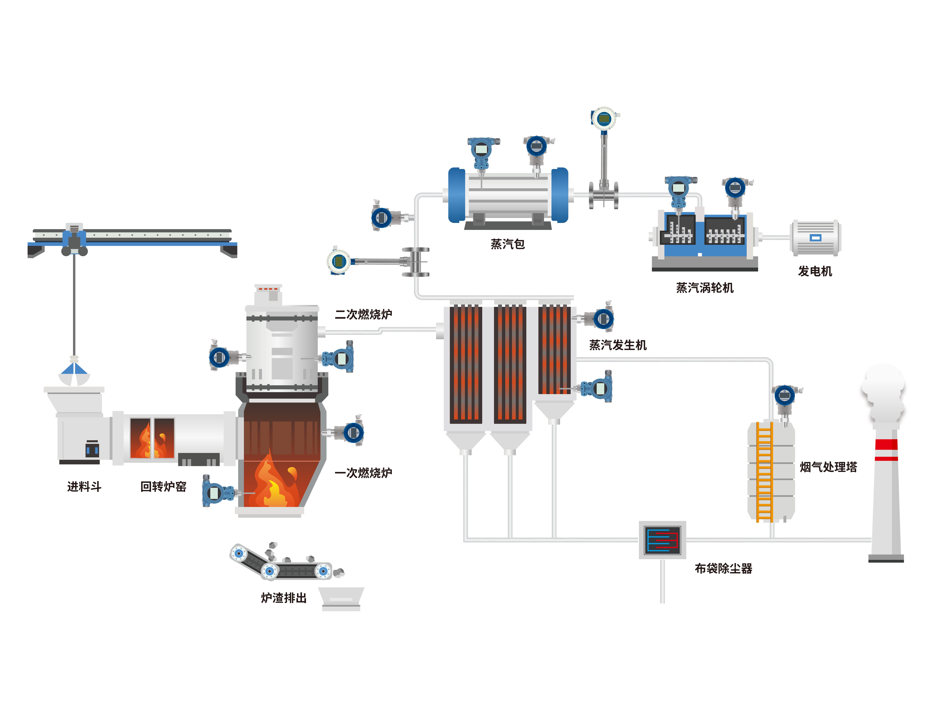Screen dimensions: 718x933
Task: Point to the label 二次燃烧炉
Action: click(363, 314)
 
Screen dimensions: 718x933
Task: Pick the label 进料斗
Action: click(84, 486)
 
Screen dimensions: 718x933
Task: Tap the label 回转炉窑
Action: click(163, 486)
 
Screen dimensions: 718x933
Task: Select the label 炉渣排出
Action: click(284, 598)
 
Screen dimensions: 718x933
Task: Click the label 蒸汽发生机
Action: click(618, 345)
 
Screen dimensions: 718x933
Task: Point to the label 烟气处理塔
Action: click(828, 467)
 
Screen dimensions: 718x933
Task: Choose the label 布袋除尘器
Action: click(723, 568)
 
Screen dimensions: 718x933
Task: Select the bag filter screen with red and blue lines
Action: click(662, 540)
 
